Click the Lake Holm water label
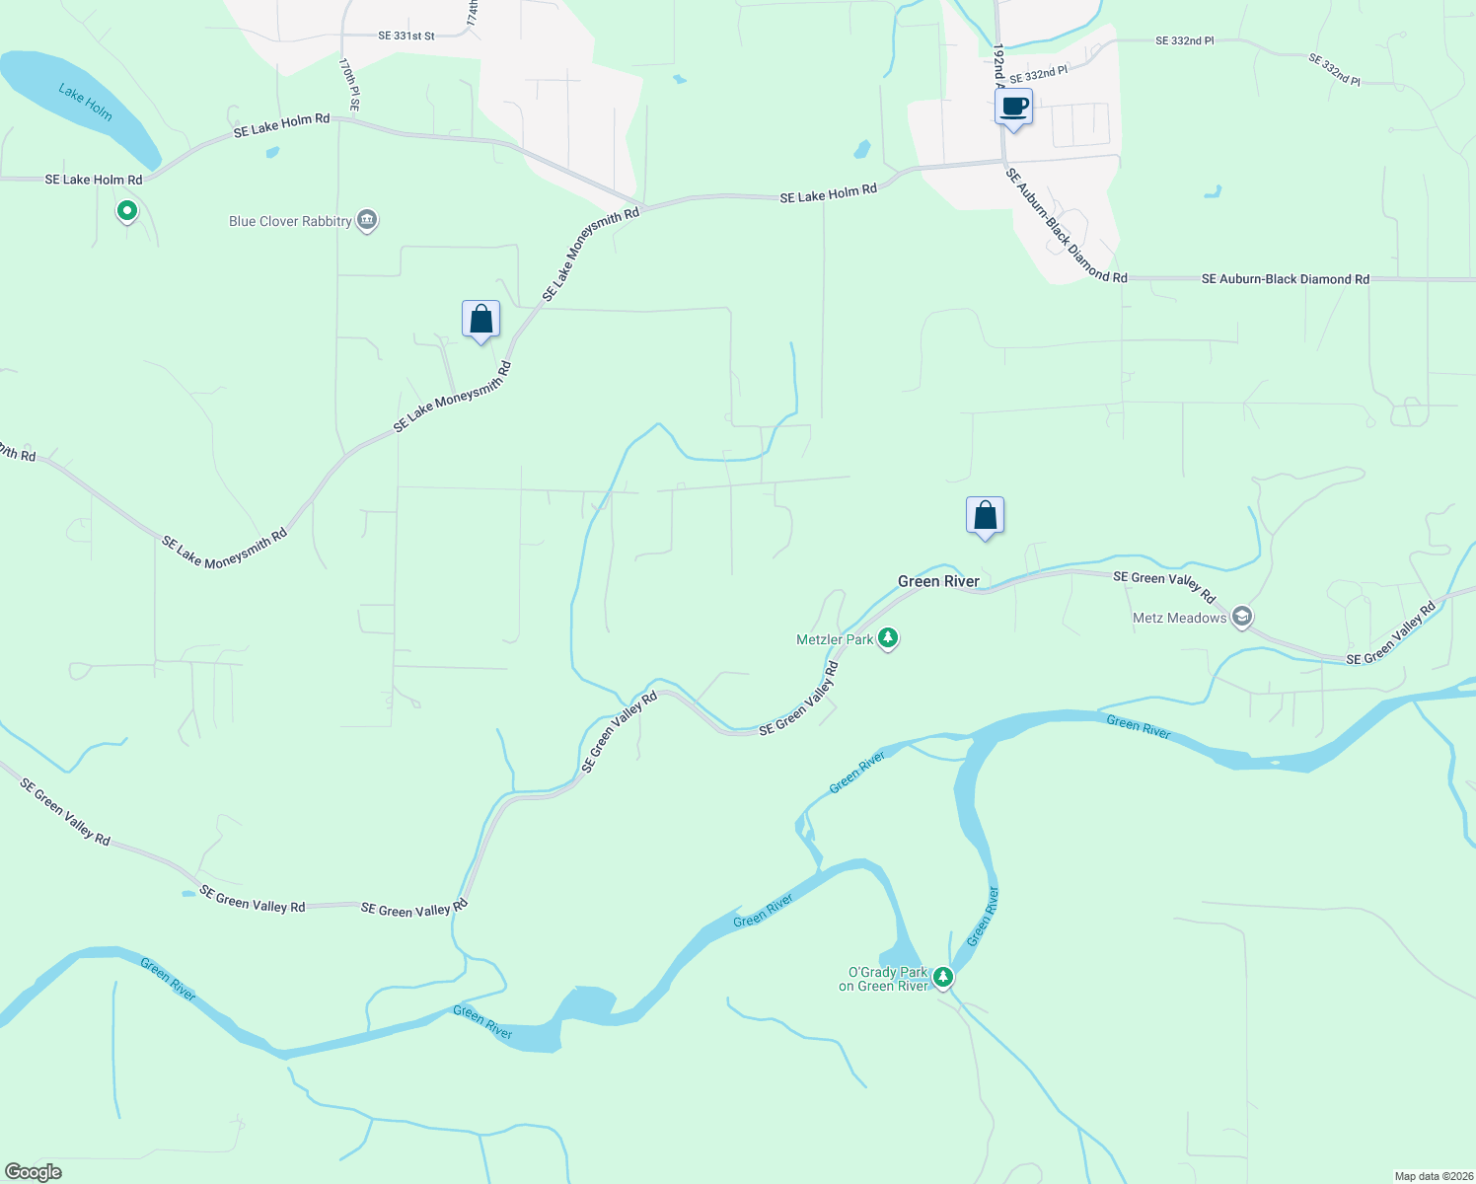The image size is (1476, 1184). pyautogui.click(x=85, y=102)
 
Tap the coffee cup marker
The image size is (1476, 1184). pyautogui.click(x=1013, y=108)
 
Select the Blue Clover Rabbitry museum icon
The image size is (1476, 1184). pyautogui.click(x=367, y=220)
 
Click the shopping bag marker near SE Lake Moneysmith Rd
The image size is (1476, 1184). pyautogui.click(x=480, y=320)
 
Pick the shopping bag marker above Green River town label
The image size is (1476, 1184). pyautogui.click(x=985, y=516)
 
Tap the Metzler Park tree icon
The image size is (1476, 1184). pyautogui.click(x=888, y=639)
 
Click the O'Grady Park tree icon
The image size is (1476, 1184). pyautogui.click(x=943, y=977)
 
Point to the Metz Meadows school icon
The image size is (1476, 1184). pyautogui.click(x=1242, y=618)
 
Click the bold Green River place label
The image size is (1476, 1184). pyautogui.click(x=938, y=581)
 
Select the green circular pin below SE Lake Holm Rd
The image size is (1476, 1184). pyautogui.click(x=126, y=210)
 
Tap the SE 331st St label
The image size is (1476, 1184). pyautogui.click(x=406, y=36)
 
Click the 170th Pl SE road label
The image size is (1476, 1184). pyautogui.click(x=349, y=83)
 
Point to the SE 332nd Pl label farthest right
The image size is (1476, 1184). pyautogui.click(x=1334, y=69)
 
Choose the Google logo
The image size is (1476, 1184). pyautogui.click(x=34, y=1172)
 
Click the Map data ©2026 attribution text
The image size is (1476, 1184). pyautogui.click(x=1432, y=1176)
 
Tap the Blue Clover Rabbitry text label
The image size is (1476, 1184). pyautogui.click(x=290, y=221)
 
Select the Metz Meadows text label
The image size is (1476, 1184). pyautogui.click(x=1179, y=618)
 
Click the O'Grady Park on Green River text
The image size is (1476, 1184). pyautogui.click(x=883, y=979)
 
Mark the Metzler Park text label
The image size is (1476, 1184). pyautogui.click(x=835, y=639)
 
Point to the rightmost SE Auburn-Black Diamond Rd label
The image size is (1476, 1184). pyautogui.click(x=1285, y=279)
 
